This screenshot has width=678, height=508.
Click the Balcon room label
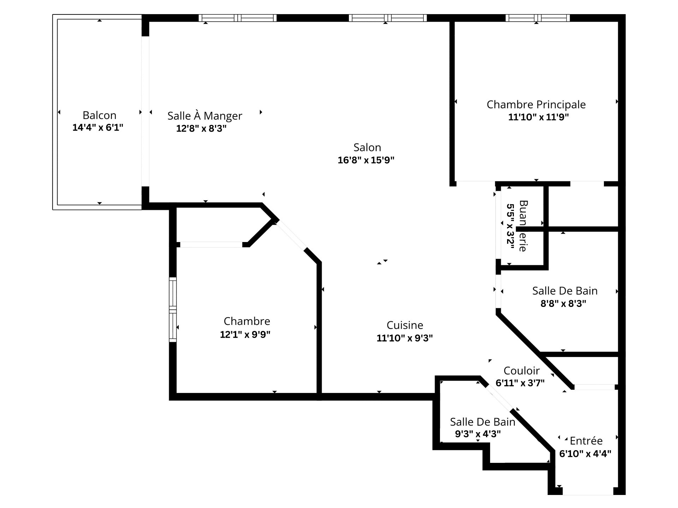(99, 115)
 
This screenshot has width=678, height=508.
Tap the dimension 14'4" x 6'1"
(98, 128)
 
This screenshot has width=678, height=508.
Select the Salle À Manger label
(204, 116)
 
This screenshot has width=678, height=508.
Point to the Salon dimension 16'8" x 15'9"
(366, 160)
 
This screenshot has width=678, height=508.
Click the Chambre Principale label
(536, 104)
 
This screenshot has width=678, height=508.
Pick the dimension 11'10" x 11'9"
(538, 117)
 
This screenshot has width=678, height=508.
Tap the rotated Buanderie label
(523, 226)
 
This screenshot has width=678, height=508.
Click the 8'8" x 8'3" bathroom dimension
(563, 304)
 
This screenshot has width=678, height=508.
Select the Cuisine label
(405, 325)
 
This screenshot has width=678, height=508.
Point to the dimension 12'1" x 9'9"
(245, 334)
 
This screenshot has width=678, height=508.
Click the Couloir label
(522, 371)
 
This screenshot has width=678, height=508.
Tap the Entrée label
(586, 441)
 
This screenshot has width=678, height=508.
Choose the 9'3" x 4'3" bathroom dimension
(478, 434)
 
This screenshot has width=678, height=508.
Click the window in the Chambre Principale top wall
(537, 18)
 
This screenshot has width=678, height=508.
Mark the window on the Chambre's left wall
(173, 309)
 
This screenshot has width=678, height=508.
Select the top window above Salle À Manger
(237, 18)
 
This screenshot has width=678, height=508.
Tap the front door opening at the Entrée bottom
(588, 491)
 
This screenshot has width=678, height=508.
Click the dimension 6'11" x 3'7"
(520, 383)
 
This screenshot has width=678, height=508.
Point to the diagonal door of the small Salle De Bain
(498, 398)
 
